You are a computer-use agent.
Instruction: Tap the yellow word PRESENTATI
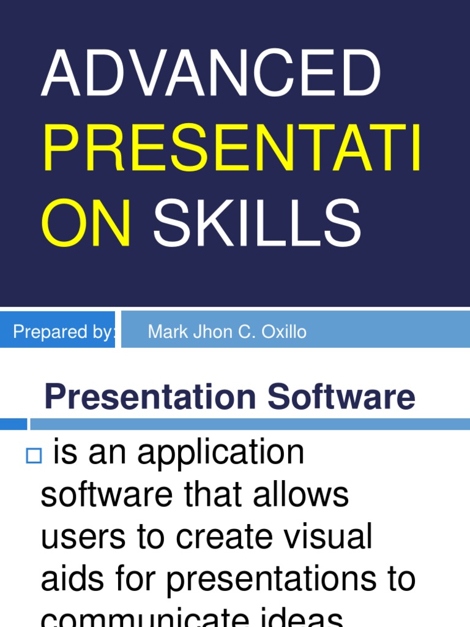[x=232, y=148]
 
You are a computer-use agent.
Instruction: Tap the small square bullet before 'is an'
[x=33, y=456]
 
